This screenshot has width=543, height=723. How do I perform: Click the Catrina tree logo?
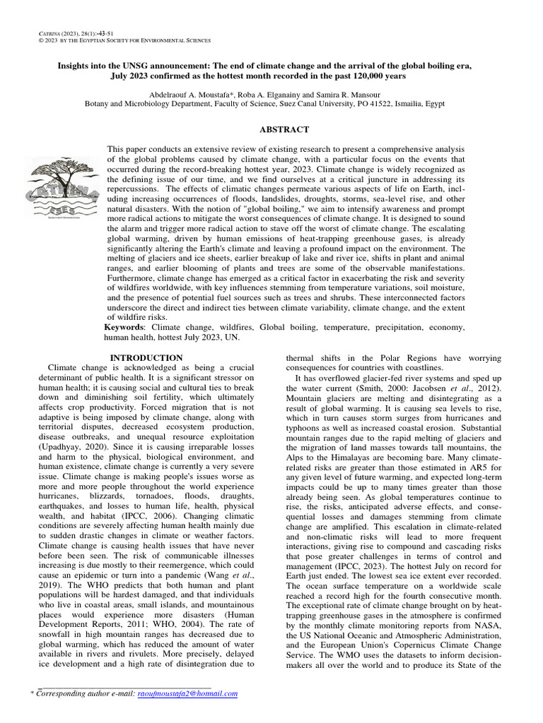(x=62, y=187)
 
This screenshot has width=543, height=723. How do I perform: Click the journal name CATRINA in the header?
(x=46, y=34)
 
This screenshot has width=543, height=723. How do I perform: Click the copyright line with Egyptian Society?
(x=124, y=42)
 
